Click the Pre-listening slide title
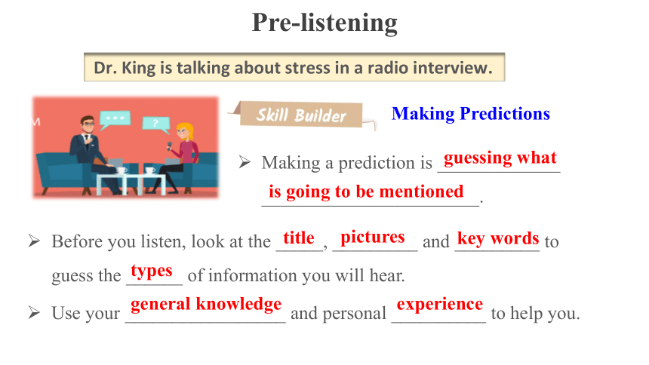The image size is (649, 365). point(324,23)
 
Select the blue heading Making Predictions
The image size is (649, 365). point(471,114)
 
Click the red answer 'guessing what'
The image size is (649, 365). point(500,158)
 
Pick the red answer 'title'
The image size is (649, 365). point(298,238)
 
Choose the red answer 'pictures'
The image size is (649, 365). point(373,238)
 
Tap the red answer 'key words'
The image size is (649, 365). point(498,239)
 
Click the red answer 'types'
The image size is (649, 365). point(152,271)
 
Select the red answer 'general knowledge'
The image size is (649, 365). point(206,304)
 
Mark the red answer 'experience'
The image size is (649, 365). point(439,305)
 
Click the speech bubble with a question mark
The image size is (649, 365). point(156,124)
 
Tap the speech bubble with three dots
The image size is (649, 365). point(115,118)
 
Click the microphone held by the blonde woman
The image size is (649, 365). point(169,146)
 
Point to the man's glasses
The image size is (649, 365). point(88,124)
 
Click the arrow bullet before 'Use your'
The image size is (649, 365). point(35,312)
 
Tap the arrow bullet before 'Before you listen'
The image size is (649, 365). point(35,241)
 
